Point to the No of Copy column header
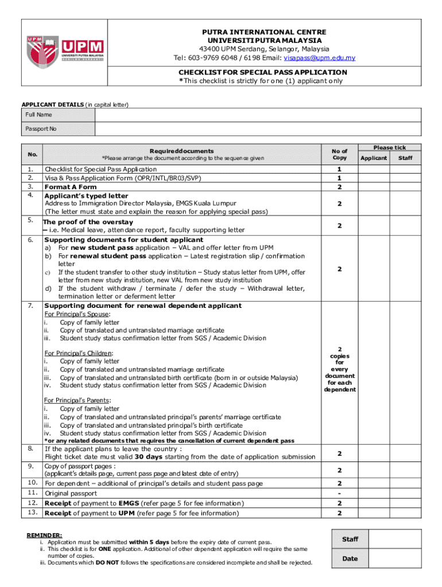pos(339,154)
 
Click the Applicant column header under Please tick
pos(374,158)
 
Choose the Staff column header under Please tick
pos(405,158)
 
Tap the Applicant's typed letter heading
pos(87,196)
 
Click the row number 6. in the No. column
pos(30,240)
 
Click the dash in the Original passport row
pos(339,493)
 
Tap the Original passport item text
pos(71,493)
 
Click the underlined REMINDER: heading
pos(45,535)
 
